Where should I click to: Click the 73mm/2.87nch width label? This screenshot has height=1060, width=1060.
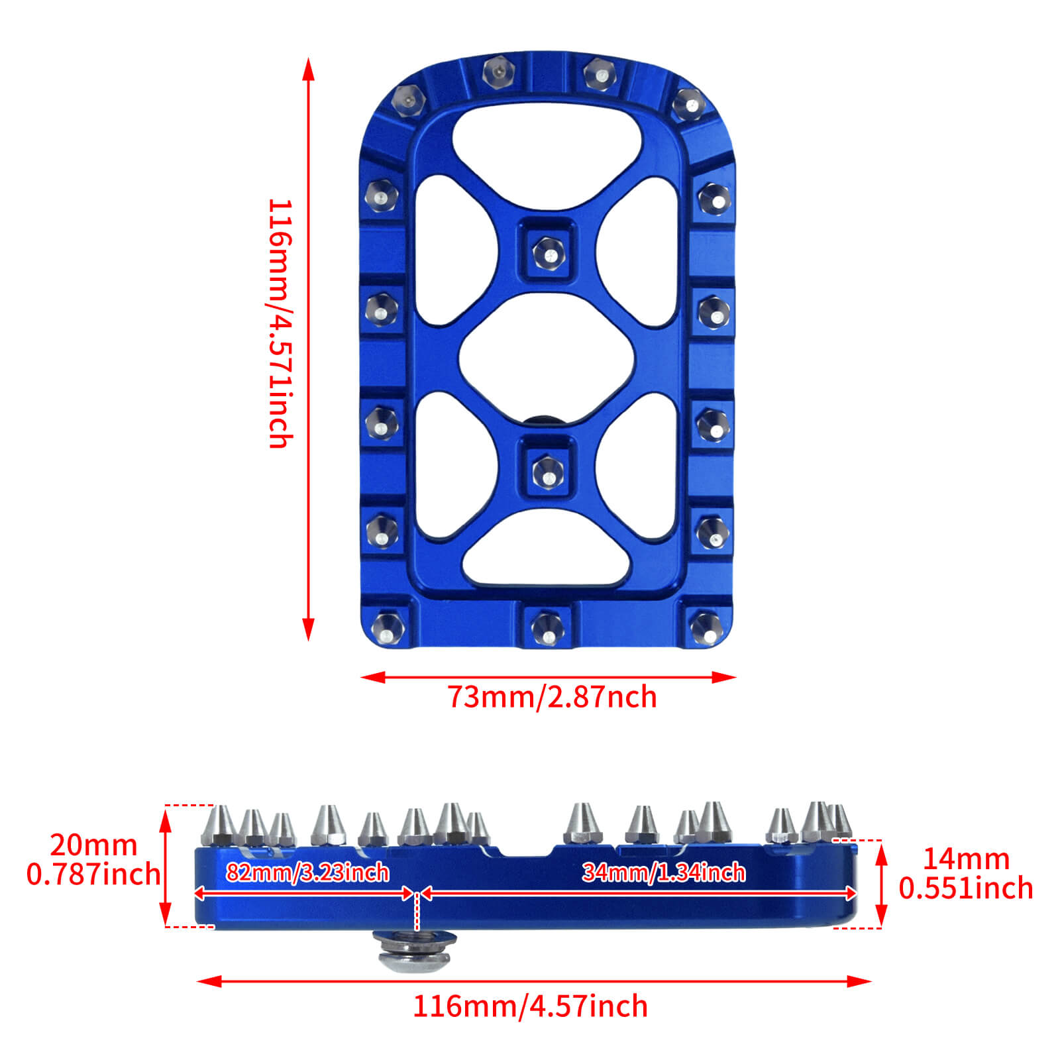click(x=552, y=698)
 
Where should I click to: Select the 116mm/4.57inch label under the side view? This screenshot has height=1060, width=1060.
click(x=530, y=1006)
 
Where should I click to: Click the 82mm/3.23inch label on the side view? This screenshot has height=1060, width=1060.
click(x=307, y=873)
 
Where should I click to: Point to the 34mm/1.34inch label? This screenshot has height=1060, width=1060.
click(x=663, y=873)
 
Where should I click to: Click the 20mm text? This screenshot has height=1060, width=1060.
click(x=93, y=845)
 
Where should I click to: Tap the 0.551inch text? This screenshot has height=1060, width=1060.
click(x=965, y=888)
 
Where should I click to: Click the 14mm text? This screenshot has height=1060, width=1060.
click(x=965, y=859)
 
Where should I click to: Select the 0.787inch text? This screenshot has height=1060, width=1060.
click(x=93, y=874)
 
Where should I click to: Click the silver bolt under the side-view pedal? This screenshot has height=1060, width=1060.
click(x=415, y=953)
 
